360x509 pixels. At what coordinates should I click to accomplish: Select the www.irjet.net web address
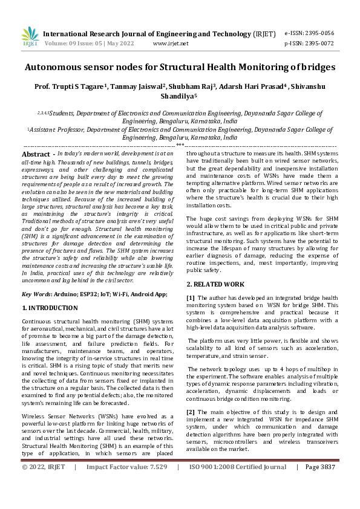pyautogui.click(x=171, y=44)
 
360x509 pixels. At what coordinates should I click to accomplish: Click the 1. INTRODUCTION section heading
pyautogui.click(x=50, y=308)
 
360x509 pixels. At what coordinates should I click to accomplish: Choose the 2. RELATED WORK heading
pyautogui.click(x=215, y=284)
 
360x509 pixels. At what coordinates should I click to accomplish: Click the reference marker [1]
pyautogui.click(x=191, y=298)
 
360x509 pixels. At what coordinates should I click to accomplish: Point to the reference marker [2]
pyautogui.click(x=191, y=412)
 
